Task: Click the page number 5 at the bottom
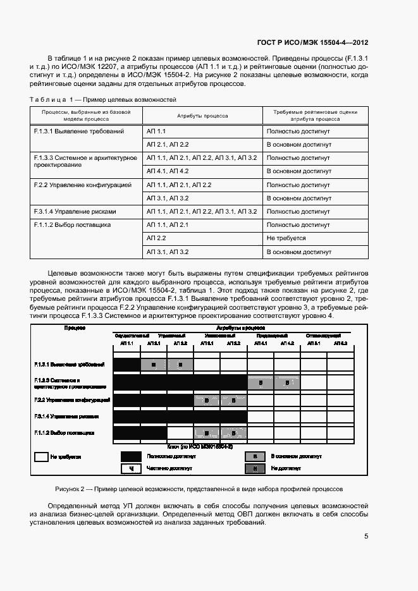click(366, 536)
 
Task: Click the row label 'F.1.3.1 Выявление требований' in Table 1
click(78, 131)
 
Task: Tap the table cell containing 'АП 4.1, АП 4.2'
click(168, 171)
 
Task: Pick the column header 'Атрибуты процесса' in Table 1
click(202, 116)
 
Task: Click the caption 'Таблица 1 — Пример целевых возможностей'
click(103, 100)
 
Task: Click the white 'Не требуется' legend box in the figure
click(41, 456)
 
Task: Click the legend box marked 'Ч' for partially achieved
click(131, 468)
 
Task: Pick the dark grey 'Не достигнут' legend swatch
click(255, 468)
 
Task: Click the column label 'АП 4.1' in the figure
click(261, 343)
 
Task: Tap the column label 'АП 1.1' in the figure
click(126, 343)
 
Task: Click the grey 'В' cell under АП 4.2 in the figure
click(286, 382)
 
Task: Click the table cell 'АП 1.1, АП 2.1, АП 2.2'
click(179, 185)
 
